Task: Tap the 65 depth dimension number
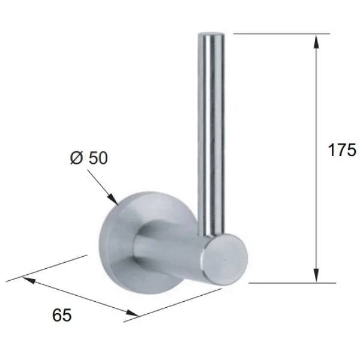61,314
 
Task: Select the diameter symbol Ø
76,158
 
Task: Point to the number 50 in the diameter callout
98,158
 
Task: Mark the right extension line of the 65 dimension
174,305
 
